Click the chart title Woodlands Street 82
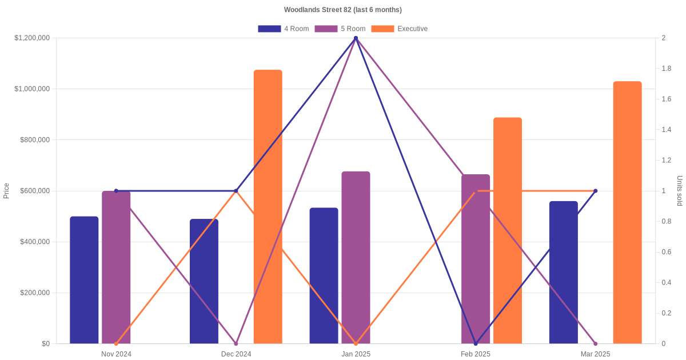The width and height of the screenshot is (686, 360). [342, 10]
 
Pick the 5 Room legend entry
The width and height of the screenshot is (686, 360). [340, 29]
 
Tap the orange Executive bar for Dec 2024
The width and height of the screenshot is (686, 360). [268, 206]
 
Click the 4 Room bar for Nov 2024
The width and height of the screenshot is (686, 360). [84, 280]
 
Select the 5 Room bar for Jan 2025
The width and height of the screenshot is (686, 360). [356, 257]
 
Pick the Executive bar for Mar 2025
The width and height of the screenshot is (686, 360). [627, 212]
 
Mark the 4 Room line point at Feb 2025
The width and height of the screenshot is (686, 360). [476, 343]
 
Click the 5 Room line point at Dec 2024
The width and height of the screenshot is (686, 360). [236, 343]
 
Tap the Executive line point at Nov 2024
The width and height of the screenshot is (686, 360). [116, 343]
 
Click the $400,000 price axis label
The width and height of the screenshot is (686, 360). [35, 242]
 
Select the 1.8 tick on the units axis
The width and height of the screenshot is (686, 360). [666, 69]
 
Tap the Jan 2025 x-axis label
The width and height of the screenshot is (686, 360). [356, 354]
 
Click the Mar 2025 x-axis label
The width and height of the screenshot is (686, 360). [595, 354]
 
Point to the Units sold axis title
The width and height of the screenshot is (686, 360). [680, 191]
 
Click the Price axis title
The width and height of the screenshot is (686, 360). [6, 191]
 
